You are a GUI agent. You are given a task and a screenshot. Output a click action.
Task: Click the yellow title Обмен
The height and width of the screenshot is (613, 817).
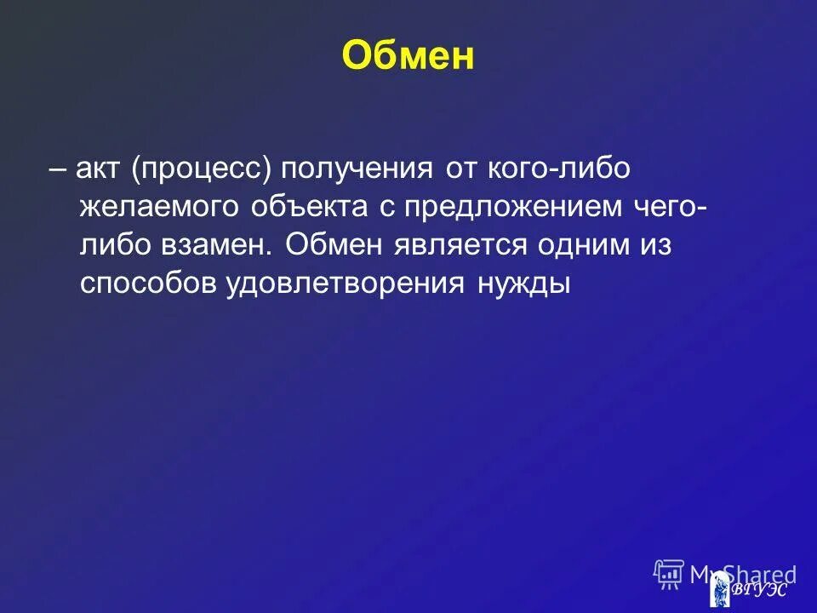tap(408, 57)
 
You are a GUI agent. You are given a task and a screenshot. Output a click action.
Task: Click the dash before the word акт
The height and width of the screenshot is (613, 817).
tap(59, 169)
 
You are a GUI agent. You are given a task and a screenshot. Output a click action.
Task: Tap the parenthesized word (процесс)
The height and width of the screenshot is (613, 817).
tap(202, 169)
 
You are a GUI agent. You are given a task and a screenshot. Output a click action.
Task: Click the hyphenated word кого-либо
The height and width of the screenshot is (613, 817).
tap(534, 169)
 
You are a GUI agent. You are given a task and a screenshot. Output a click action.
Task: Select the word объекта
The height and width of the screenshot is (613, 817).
tap(310, 208)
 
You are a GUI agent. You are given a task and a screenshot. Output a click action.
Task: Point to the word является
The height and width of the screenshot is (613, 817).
tap(460, 246)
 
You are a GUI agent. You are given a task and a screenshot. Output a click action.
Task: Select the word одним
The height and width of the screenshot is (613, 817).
tap(583, 246)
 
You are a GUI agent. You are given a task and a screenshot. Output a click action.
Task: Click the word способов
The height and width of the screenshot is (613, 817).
tap(147, 284)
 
